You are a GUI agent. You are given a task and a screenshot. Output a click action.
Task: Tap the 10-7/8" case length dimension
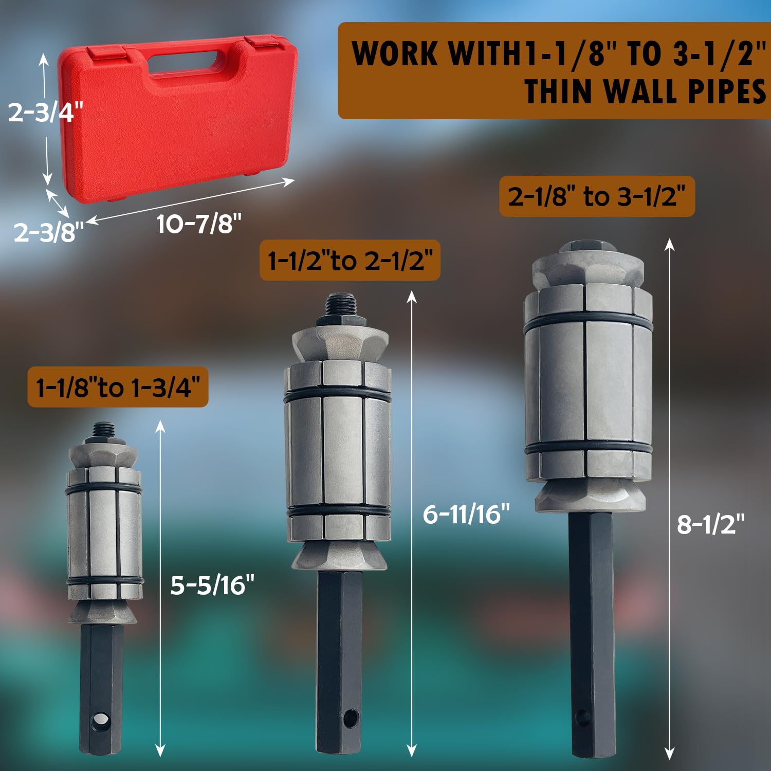198,224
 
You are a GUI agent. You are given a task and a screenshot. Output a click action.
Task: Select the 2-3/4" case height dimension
45,112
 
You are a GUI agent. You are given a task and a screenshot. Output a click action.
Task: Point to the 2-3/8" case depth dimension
48,232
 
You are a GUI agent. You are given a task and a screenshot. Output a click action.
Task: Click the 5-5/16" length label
212,585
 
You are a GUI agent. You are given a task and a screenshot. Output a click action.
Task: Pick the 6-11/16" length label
466,514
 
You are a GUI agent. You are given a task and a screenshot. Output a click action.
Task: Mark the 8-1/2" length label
710,525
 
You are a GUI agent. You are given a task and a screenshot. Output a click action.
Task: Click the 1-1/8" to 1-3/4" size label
118,387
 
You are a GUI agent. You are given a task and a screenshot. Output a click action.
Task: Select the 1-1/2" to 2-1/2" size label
350,260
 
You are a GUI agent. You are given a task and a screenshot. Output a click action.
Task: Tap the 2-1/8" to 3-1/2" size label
597,196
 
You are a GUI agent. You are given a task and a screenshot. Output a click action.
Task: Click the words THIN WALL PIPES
645,92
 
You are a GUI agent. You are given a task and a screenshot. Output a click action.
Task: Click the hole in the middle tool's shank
351,718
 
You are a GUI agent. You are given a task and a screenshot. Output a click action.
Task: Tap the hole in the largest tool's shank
582,718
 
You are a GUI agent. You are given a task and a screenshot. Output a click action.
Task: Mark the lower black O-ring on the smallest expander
105,581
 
